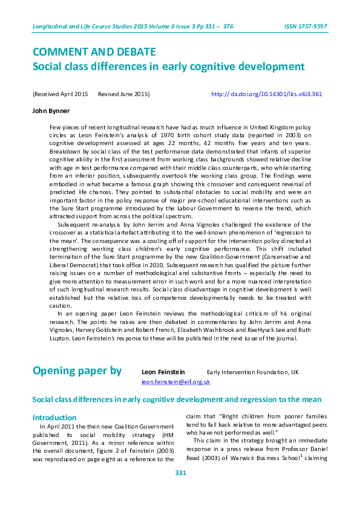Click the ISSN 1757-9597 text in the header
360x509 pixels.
[306, 27]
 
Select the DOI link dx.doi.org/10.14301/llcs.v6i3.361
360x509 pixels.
[266, 94]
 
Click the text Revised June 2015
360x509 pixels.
[124, 94]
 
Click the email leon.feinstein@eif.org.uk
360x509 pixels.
[175, 382]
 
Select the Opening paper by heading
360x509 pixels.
[77, 371]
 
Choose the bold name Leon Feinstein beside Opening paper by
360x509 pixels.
[163, 372]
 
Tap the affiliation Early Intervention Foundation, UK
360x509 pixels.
[252, 372]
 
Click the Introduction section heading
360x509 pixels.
[54, 417]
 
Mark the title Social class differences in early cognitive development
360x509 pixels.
[168, 66]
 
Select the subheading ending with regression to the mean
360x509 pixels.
[177, 400]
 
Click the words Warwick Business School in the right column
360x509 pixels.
[251, 458]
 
